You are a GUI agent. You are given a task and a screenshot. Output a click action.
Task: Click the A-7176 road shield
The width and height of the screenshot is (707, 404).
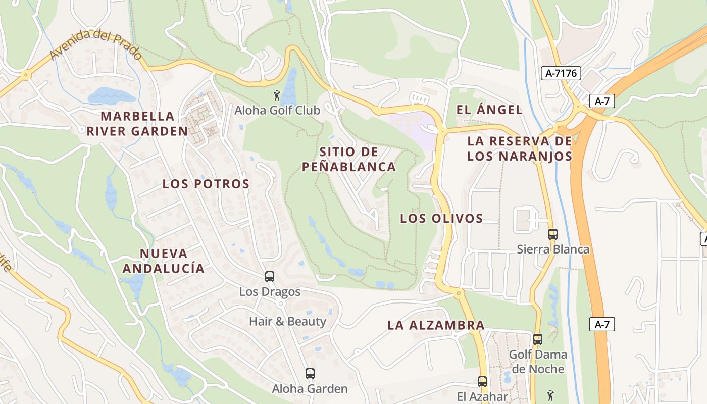point(562,73)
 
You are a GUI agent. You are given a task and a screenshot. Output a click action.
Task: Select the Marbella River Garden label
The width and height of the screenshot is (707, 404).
point(137,124)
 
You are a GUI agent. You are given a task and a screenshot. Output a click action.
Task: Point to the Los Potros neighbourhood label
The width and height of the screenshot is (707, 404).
point(206,184)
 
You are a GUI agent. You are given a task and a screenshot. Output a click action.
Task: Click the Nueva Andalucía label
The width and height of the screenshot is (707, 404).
point(164,261)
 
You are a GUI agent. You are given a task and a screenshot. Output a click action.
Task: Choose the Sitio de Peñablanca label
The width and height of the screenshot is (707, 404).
point(349,159)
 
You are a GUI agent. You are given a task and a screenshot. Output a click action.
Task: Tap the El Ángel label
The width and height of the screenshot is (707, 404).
point(489,110)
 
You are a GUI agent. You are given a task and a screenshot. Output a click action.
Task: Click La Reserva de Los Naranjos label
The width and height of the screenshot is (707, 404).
point(520,148)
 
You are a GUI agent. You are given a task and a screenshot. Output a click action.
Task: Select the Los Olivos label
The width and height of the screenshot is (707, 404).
point(441,219)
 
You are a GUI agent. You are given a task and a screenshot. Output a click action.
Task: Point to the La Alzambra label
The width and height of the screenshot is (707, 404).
point(436,325)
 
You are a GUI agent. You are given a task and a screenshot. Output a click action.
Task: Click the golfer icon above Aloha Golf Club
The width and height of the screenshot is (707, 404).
point(276,95)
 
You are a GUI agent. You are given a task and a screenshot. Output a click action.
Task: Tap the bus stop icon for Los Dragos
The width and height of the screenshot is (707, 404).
point(270,277)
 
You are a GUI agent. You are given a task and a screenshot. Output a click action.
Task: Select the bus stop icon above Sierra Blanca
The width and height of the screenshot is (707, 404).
point(553,234)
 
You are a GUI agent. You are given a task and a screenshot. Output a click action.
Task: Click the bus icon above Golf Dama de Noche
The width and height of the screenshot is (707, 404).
point(538,339)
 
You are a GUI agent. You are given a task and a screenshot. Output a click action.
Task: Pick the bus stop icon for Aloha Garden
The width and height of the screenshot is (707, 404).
point(310,374)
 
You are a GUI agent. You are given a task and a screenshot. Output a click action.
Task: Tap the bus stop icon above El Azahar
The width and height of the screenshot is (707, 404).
point(482,382)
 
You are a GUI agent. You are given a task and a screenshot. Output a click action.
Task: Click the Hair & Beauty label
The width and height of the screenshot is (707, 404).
point(288,321)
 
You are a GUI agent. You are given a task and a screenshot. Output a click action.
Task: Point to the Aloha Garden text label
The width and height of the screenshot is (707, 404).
point(310,389)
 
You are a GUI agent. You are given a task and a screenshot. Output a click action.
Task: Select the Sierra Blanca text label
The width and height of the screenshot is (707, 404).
point(553,249)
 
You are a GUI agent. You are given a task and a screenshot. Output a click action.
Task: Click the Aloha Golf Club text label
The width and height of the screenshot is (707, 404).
point(277,110)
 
